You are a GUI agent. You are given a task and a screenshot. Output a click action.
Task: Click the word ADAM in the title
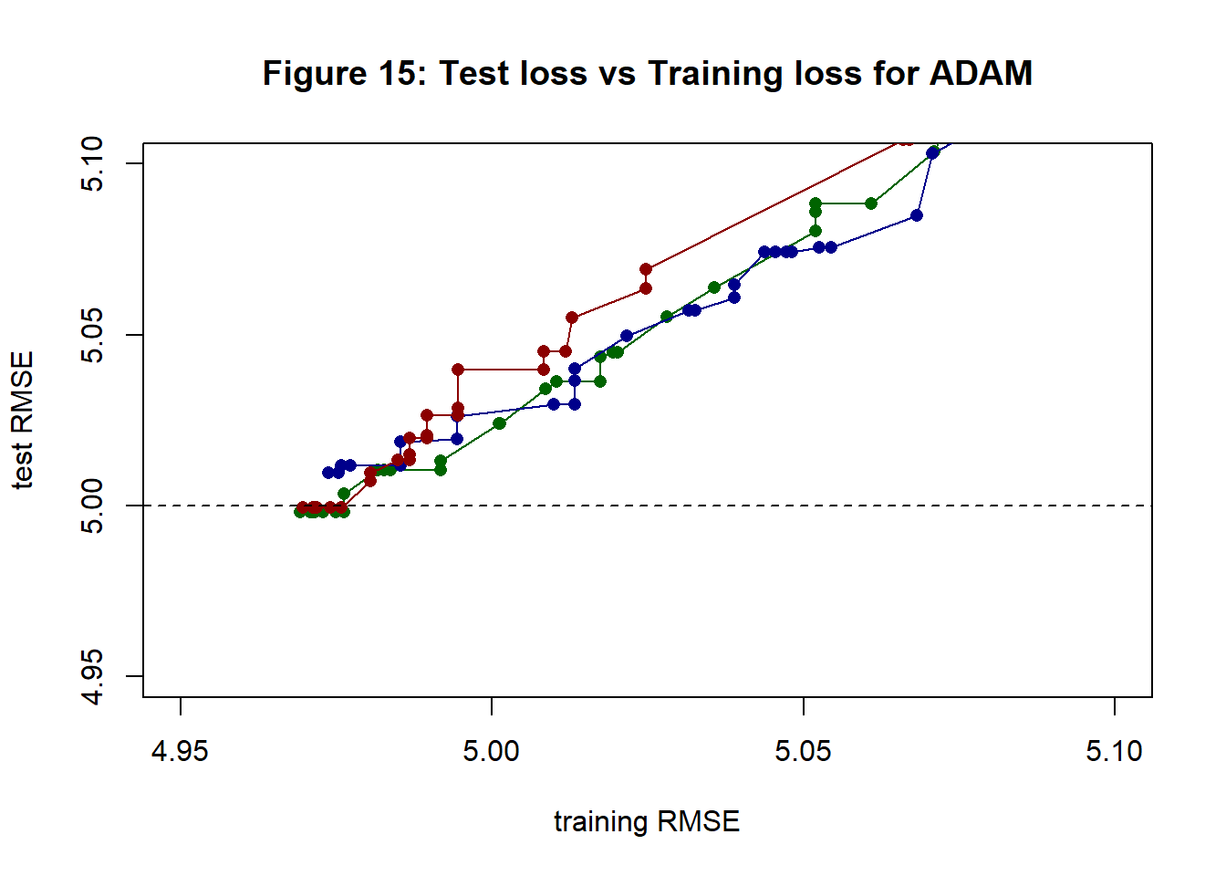click(x=981, y=73)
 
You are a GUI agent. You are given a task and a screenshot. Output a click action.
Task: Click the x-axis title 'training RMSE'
click(x=647, y=821)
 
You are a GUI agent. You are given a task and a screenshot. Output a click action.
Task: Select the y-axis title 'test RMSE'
click(x=24, y=420)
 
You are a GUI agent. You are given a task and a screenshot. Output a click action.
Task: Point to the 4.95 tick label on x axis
click(x=181, y=751)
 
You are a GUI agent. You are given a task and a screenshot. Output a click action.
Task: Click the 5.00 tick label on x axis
click(x=492, y=751)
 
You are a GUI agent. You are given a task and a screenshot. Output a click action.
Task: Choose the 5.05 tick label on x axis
click(x=804, y=751)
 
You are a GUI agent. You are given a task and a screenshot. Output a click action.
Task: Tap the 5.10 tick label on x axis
click(x=1115, y=751)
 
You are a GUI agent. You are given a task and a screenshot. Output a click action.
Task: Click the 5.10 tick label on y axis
click(x=93, y=164)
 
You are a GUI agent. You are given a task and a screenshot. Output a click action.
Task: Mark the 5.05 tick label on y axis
click(x=93, y=335)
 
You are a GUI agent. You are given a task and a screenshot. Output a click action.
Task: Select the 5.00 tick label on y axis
click(x=93, y=506)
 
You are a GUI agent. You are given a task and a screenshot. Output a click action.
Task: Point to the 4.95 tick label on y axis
click(x=93, y=677)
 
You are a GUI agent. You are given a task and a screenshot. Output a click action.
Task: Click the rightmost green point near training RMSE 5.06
click(x=871, y=203)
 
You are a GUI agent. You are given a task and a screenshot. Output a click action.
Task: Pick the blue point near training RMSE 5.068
click(x=917, y=215)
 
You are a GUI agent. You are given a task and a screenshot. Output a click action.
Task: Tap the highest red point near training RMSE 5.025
click(x=646, y=269)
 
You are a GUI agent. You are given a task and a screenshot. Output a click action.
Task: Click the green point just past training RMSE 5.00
click(x=499, y=423)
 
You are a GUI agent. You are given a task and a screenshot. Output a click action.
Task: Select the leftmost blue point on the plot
click(x=328, y=473)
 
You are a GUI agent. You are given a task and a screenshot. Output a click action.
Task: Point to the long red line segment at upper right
click(x=775, y=205)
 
